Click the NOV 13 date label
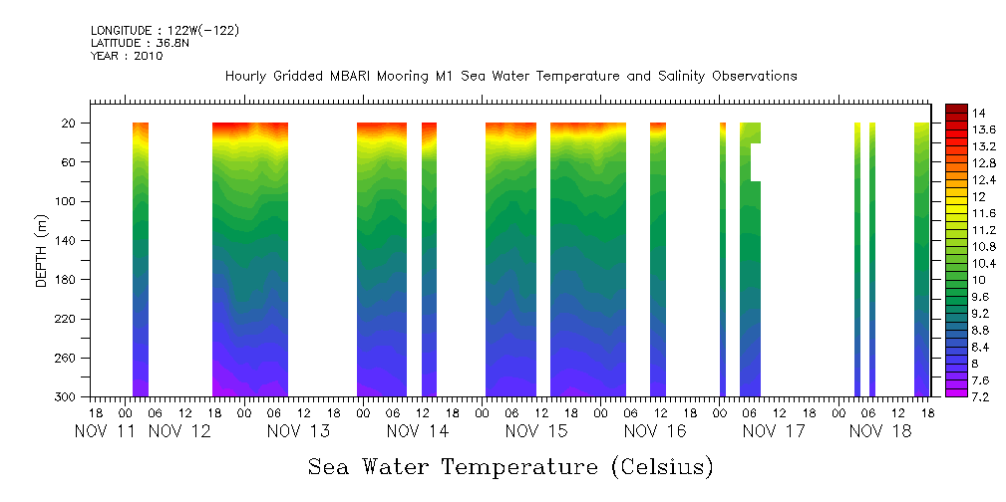299,431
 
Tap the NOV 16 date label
655,431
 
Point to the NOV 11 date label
106,431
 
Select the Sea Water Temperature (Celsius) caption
510,467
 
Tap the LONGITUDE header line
165,31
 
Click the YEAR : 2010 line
127,57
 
